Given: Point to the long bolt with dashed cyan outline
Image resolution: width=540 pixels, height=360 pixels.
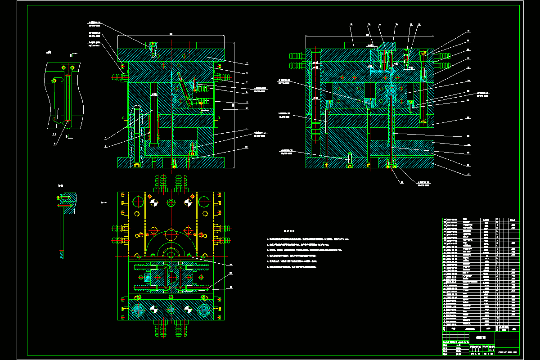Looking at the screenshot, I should [138, 135].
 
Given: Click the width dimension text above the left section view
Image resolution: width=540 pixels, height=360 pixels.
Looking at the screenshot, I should [171, 34].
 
